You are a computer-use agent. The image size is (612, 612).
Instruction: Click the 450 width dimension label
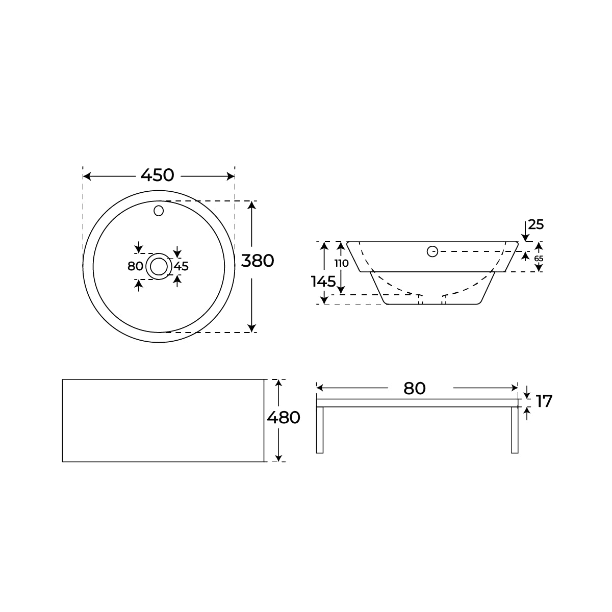158,175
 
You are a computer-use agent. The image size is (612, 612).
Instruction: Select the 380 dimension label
258,261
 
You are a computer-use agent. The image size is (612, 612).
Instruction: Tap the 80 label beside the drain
135,266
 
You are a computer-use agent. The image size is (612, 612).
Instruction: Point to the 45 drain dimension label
182,266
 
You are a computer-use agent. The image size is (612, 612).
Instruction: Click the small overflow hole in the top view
159,210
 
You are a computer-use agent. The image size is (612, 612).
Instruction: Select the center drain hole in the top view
159,266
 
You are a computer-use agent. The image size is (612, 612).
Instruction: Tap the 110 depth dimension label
342,264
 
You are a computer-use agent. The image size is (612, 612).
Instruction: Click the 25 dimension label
536,224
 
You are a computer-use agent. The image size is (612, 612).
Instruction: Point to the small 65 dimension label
539,258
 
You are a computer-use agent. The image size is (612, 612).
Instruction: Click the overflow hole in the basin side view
432,251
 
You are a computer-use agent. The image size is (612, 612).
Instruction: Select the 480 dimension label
284,418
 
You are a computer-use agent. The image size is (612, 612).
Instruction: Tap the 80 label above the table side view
414,389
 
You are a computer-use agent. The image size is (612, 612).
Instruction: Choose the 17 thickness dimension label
544,402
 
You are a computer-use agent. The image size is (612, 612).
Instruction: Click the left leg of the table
320,430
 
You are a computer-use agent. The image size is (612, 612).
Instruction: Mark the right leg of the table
515,430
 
